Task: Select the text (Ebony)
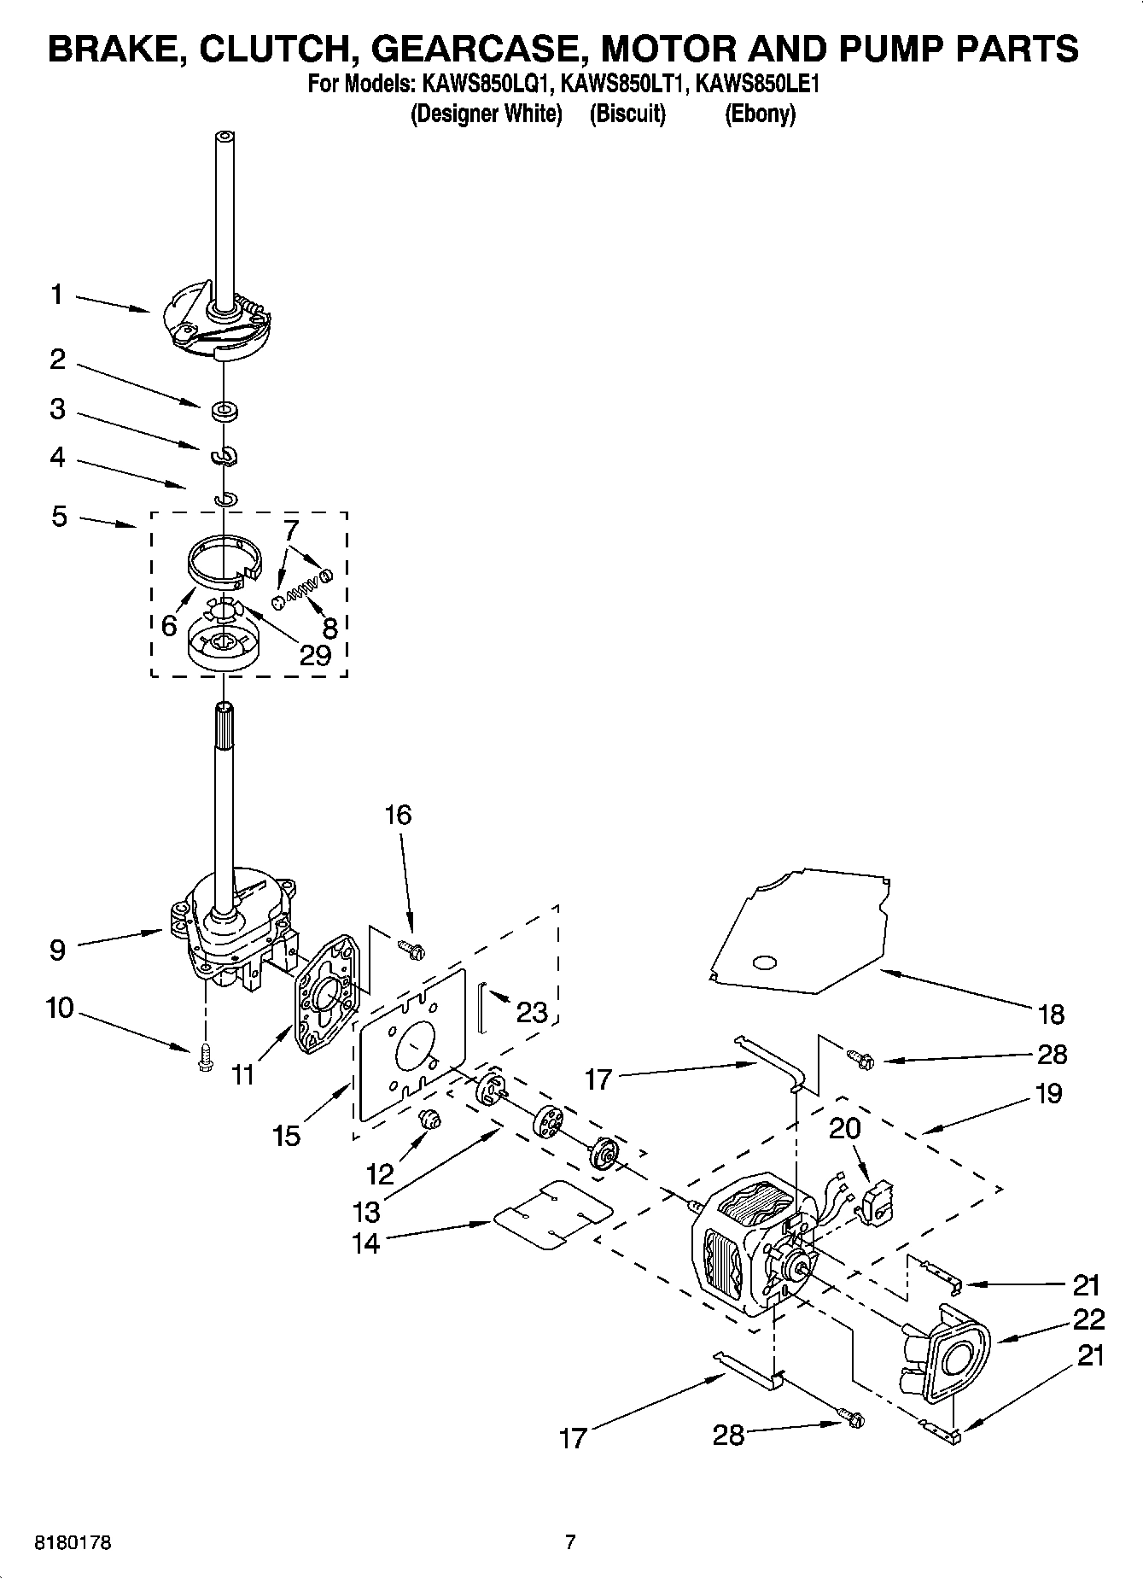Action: point(760,114)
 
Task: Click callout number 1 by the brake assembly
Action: point(56,295)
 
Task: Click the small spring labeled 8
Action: point(300,585)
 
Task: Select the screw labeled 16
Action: point(414,948)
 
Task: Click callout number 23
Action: point(532,1013)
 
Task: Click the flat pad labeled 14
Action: point(553,1216)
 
